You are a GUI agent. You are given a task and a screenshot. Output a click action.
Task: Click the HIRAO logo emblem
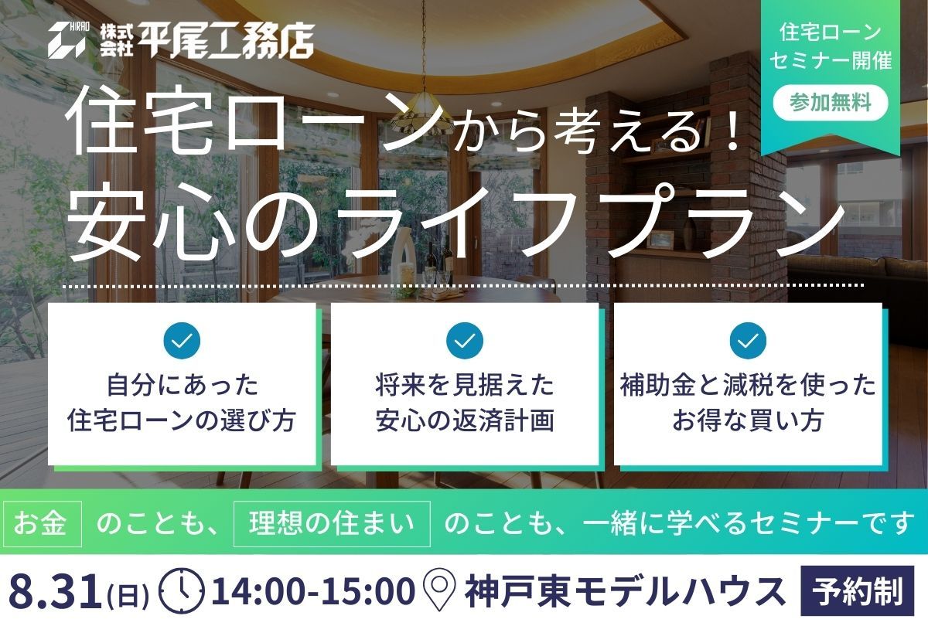[67, 39]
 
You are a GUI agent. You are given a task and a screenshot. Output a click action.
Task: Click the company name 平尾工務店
[227, 39]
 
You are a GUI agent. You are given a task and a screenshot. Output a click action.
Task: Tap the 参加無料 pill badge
[831, 102]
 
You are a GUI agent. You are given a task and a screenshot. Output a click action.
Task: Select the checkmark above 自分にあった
[182, 340]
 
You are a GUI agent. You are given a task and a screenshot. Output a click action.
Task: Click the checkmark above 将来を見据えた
[465, 340]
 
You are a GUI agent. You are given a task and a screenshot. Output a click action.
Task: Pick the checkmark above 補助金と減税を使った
[748, 340]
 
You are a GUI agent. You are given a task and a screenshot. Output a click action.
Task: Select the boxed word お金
[41, 523]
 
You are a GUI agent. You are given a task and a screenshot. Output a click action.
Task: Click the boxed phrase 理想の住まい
[332, 523]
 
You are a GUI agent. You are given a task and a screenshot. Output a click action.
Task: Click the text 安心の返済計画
[465, 420]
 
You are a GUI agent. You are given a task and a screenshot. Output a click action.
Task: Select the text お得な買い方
[748, 420]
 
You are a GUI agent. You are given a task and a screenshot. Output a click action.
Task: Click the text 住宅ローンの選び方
[182, 420]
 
